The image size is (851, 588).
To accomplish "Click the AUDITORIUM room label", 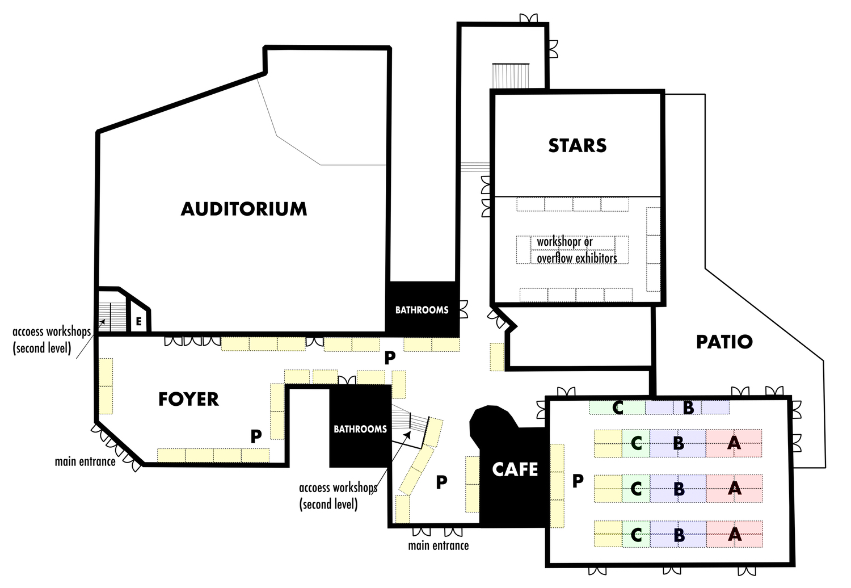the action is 244,209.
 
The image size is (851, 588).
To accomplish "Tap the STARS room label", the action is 578,145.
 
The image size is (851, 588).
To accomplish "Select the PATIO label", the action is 724,342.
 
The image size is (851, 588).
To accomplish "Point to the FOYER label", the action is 188,399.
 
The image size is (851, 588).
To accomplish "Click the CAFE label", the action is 515,469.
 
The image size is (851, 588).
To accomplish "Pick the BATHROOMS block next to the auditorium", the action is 422,309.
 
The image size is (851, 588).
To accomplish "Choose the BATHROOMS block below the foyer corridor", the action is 360,426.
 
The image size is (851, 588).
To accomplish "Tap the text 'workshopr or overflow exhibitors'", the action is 577,250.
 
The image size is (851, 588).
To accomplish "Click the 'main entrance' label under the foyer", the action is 85,461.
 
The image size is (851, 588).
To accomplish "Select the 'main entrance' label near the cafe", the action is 439,545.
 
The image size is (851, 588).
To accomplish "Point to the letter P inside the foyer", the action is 256,436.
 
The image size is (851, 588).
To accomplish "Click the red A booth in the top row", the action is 734,443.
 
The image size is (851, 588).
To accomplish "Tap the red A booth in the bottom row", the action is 734,534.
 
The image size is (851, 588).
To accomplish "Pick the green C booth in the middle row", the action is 636,489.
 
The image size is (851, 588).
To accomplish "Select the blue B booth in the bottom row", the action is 678,534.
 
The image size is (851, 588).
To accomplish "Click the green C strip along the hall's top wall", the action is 617,408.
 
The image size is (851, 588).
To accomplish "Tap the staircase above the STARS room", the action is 511,76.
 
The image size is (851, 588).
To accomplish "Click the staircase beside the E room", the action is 112,317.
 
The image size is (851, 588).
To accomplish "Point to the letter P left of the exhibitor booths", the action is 578,481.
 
